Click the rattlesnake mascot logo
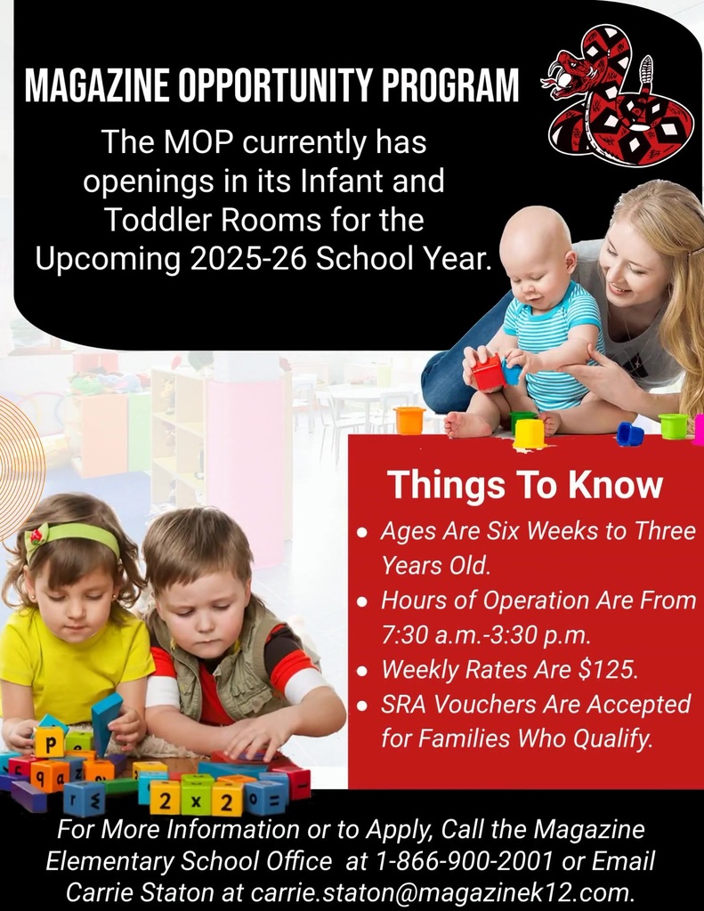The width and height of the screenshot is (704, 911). (619, 95)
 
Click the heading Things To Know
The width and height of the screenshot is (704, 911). (525, 486)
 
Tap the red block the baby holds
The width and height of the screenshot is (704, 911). (488, 373)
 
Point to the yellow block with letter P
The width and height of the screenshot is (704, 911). (49, 742)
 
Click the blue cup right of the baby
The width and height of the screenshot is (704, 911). (630, 434)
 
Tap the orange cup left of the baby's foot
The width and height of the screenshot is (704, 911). (409, 420)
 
